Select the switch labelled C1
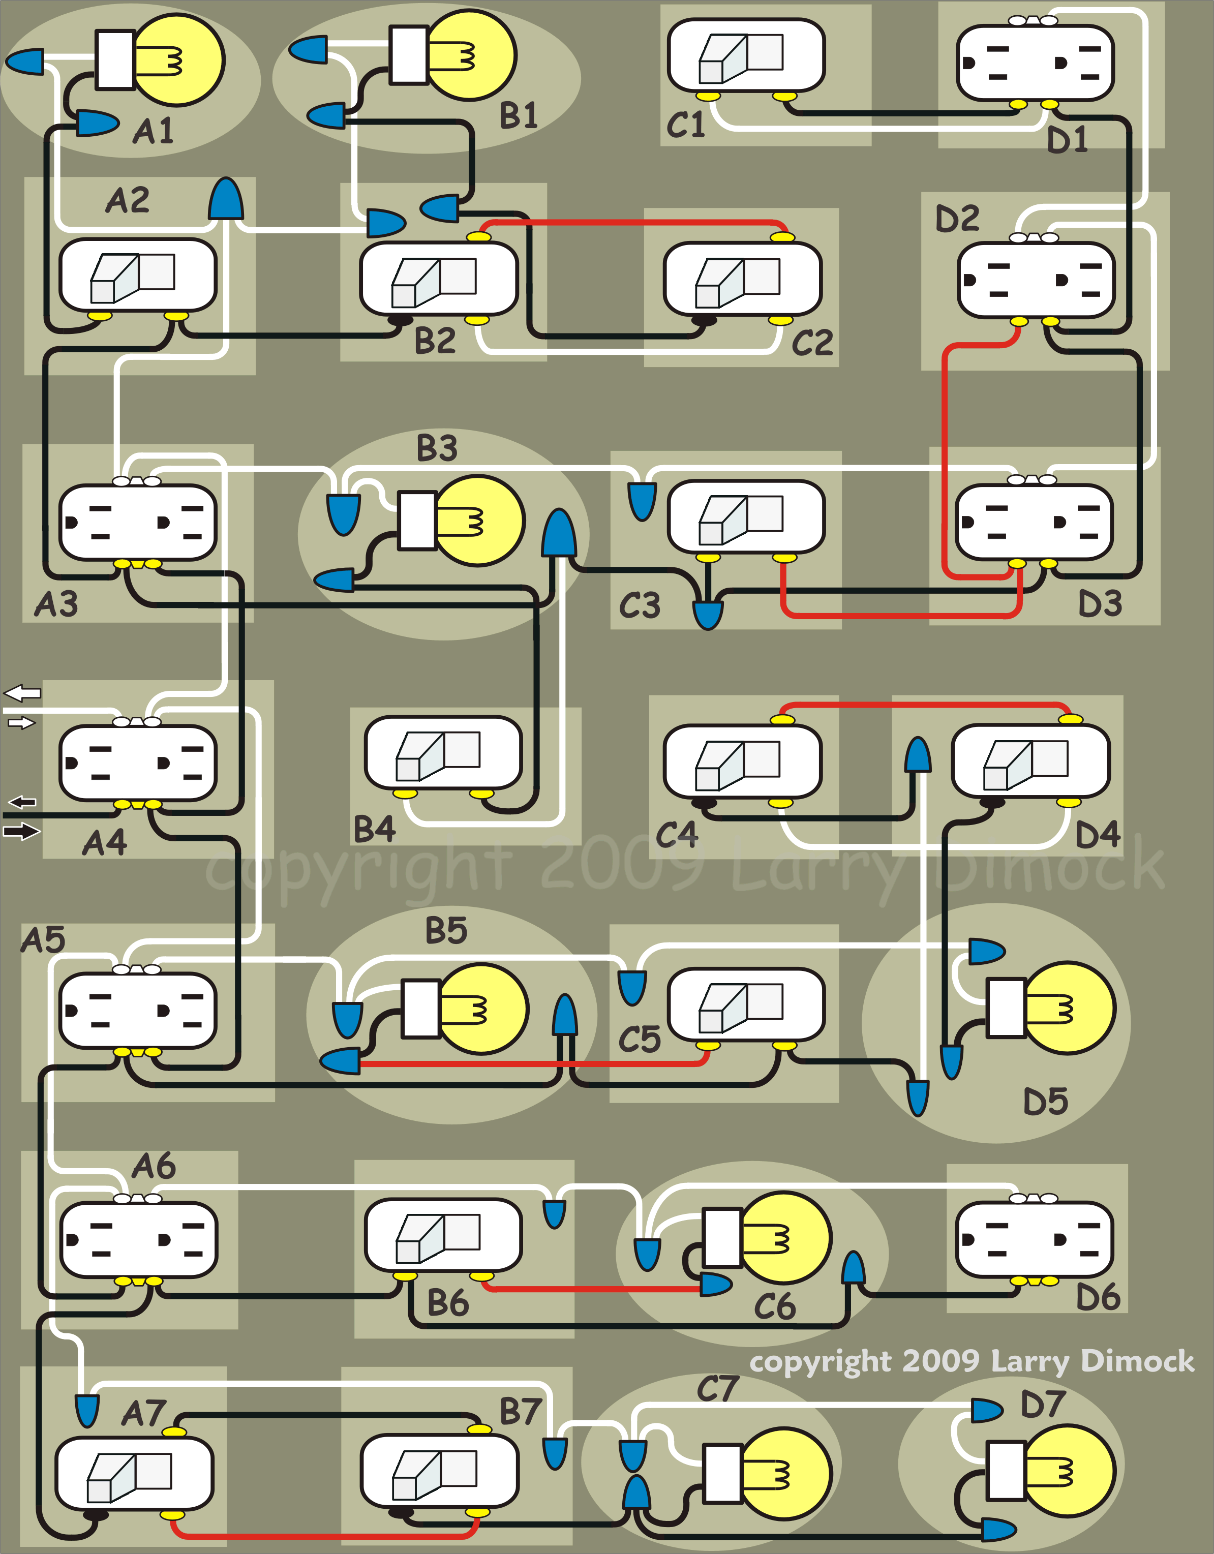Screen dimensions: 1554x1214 point(746,55)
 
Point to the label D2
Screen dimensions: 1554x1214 point(957,219)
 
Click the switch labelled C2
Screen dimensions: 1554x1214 point(742,278)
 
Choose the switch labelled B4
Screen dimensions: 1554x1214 point(443,752)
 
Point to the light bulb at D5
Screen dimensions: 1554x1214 point(1068,1008)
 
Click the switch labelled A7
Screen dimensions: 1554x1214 point(134,1472)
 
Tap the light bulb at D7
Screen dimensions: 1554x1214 point(1068,1470)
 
